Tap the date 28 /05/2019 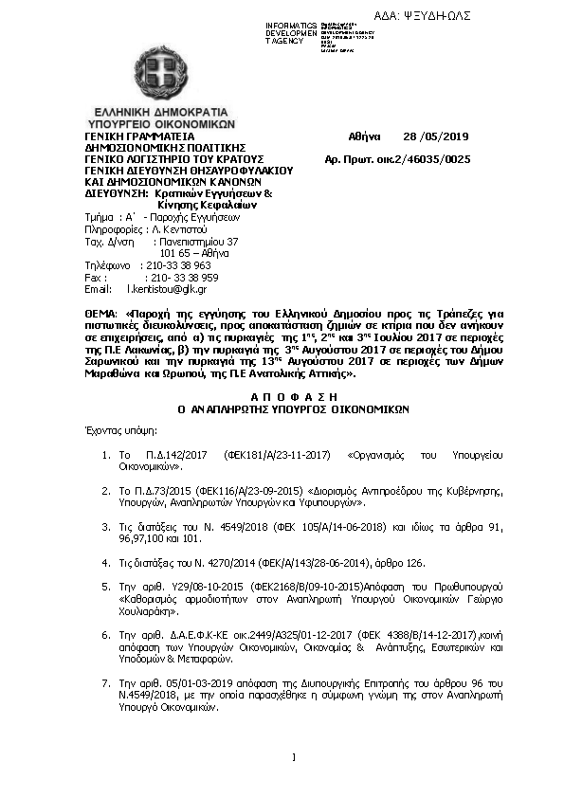[x=436, y=136]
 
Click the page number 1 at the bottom [x=294, y=756]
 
